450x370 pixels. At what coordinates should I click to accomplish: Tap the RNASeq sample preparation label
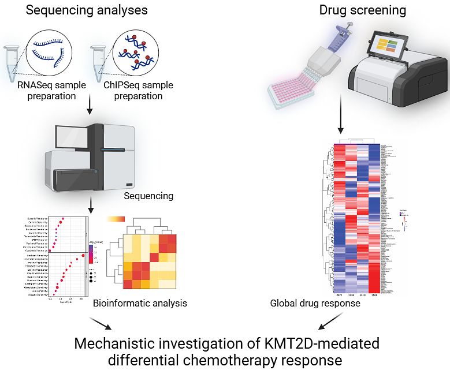click(x=51, y=91)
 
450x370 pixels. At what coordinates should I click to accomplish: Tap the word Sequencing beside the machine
click(x=148, y=196)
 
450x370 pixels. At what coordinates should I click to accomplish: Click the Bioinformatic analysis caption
click(x=140, y=302)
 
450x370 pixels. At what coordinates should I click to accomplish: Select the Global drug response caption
click(x=315, y=303)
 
